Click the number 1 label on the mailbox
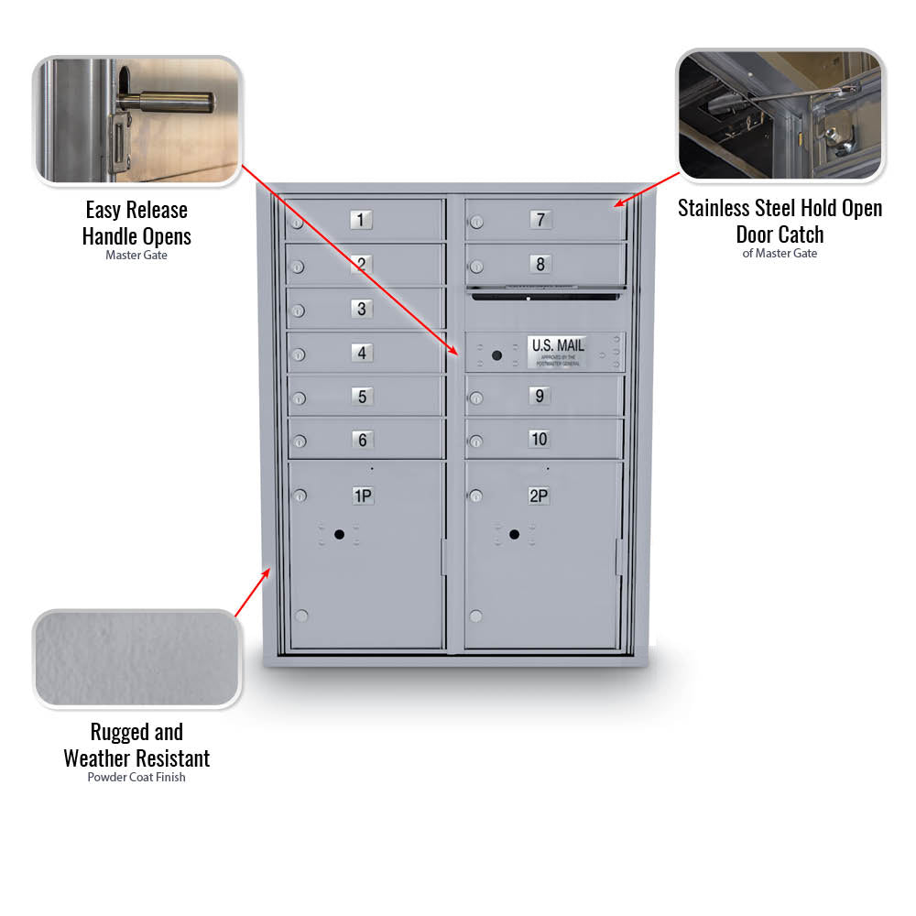[361, 220]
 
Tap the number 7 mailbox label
[540, 220]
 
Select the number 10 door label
[540, 440]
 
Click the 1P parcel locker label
[363, 496]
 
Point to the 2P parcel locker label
[539, 496]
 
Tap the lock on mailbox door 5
[298, 398]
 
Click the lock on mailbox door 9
[475, 398]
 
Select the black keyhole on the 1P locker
[339, 534]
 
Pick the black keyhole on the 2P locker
[515, 534]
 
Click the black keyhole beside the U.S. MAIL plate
[496, 355]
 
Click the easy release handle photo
[137, 120]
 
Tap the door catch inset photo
[780, 114]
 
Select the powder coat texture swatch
[136, 659]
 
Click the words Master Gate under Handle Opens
[136, 256]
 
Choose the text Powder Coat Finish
[136, 778]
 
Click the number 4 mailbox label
[362, 354]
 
